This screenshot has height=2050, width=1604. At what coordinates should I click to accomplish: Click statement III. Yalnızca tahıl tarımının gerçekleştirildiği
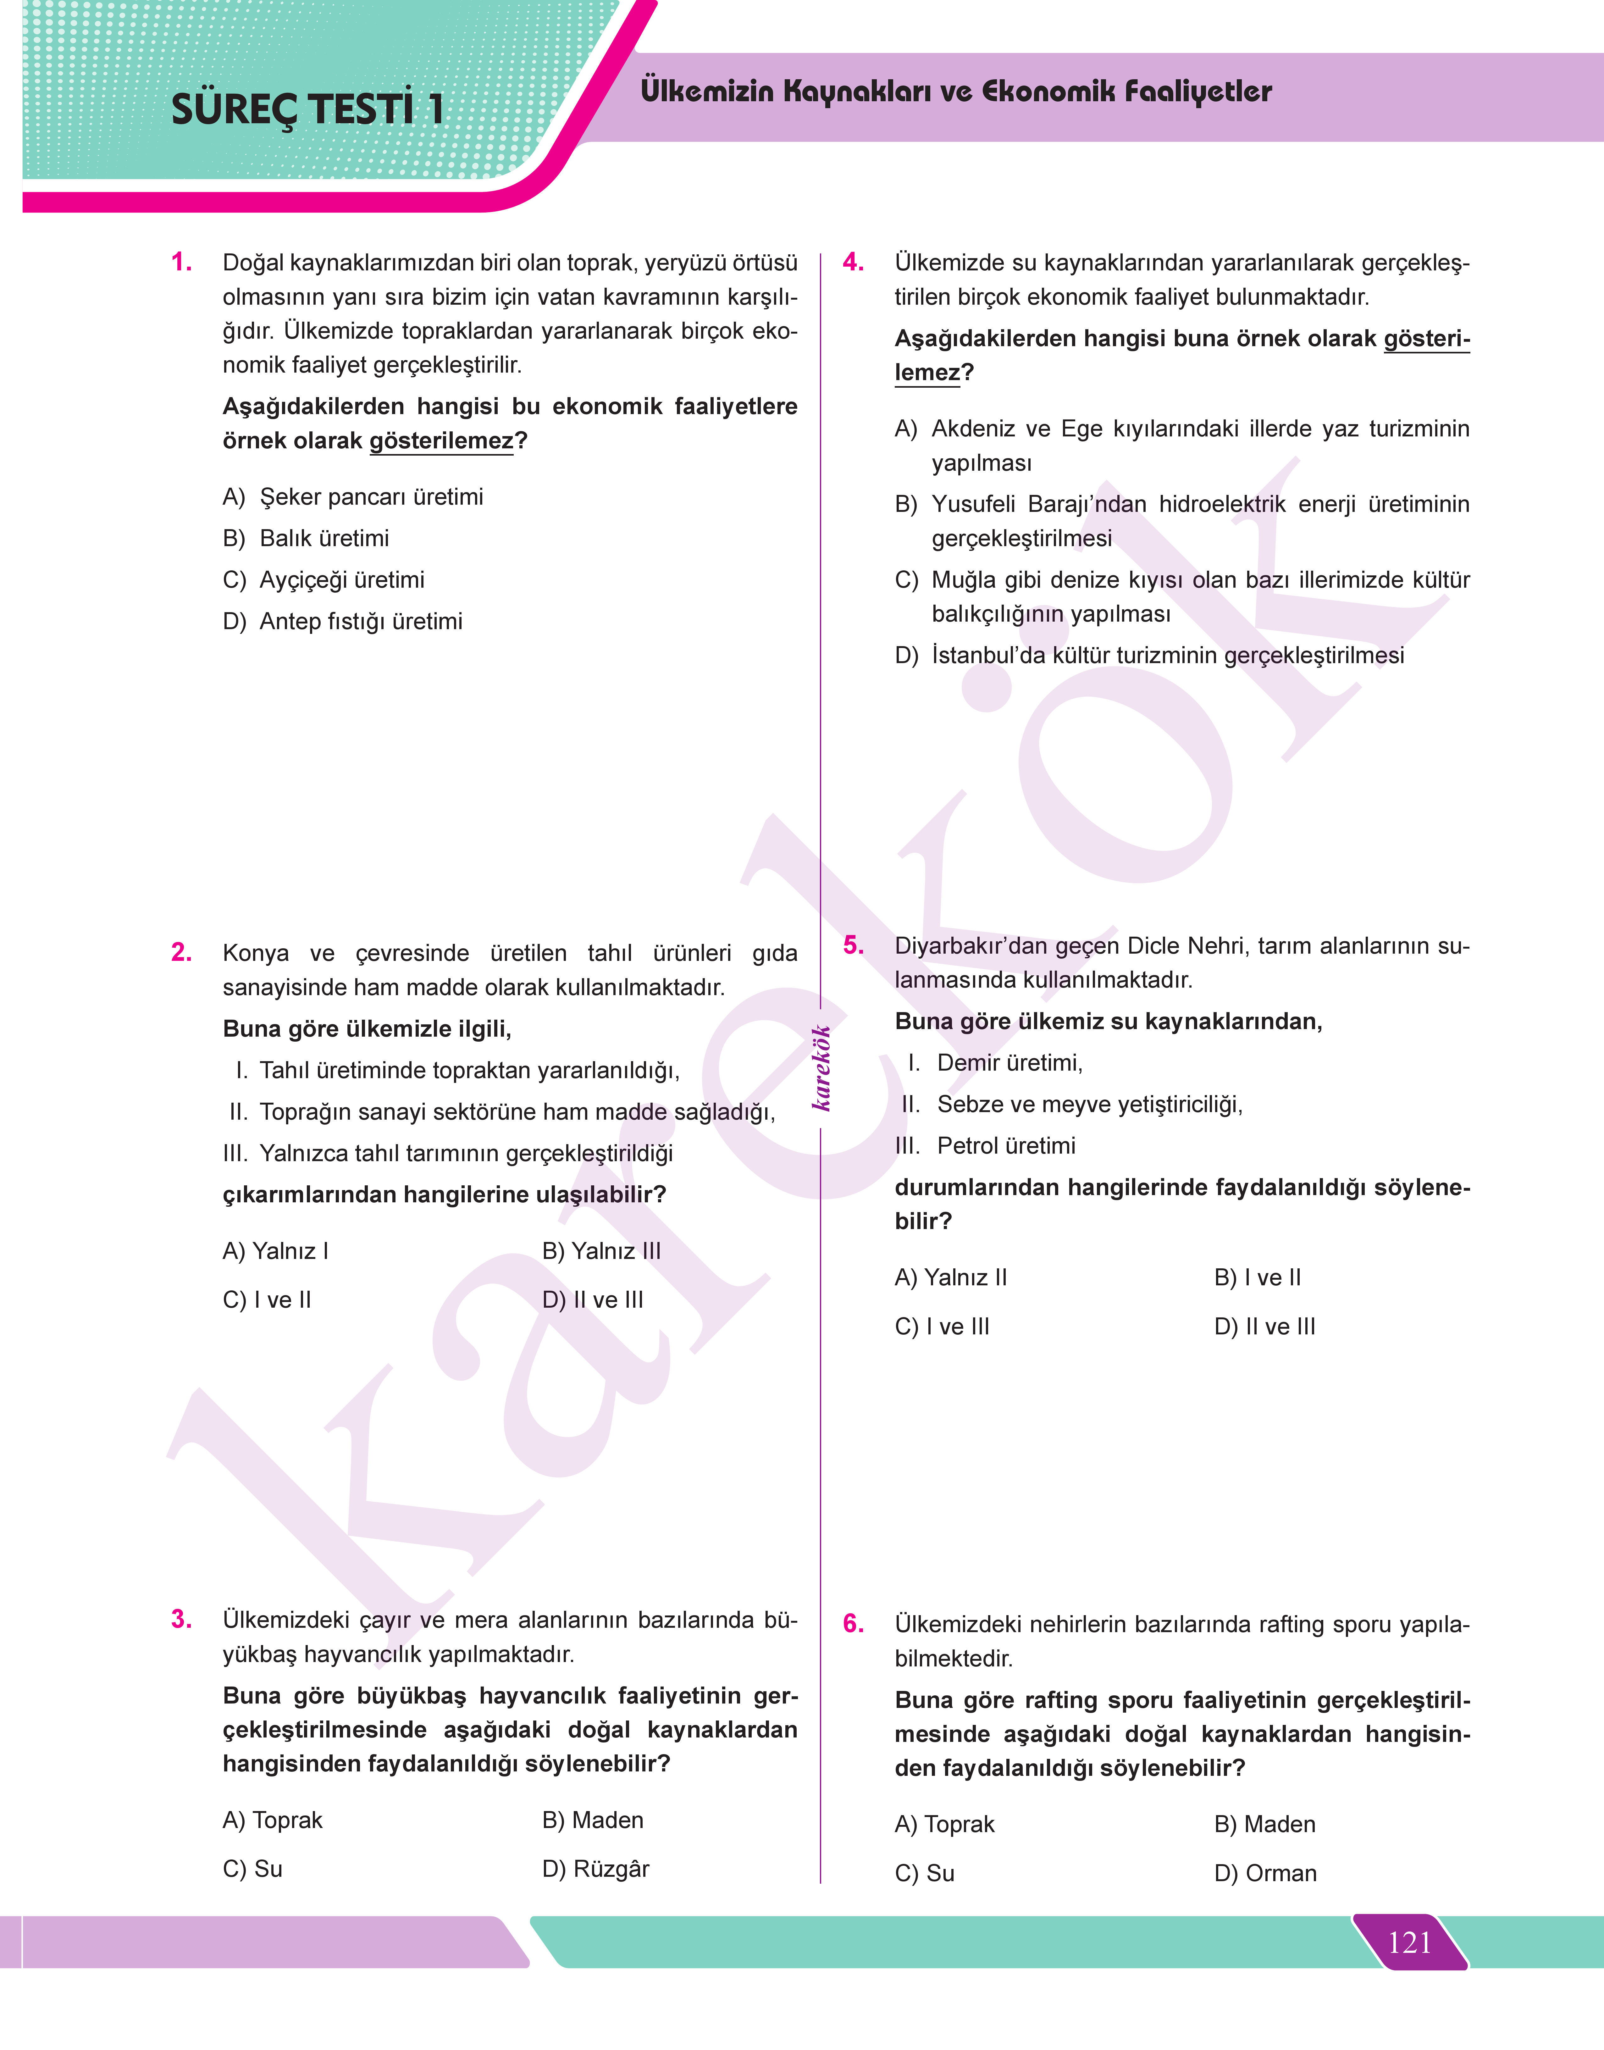pos(448,1153)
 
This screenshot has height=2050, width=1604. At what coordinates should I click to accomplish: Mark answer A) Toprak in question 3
pos(272,1820)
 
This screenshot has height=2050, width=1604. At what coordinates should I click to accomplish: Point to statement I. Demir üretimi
pos(995,1063)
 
